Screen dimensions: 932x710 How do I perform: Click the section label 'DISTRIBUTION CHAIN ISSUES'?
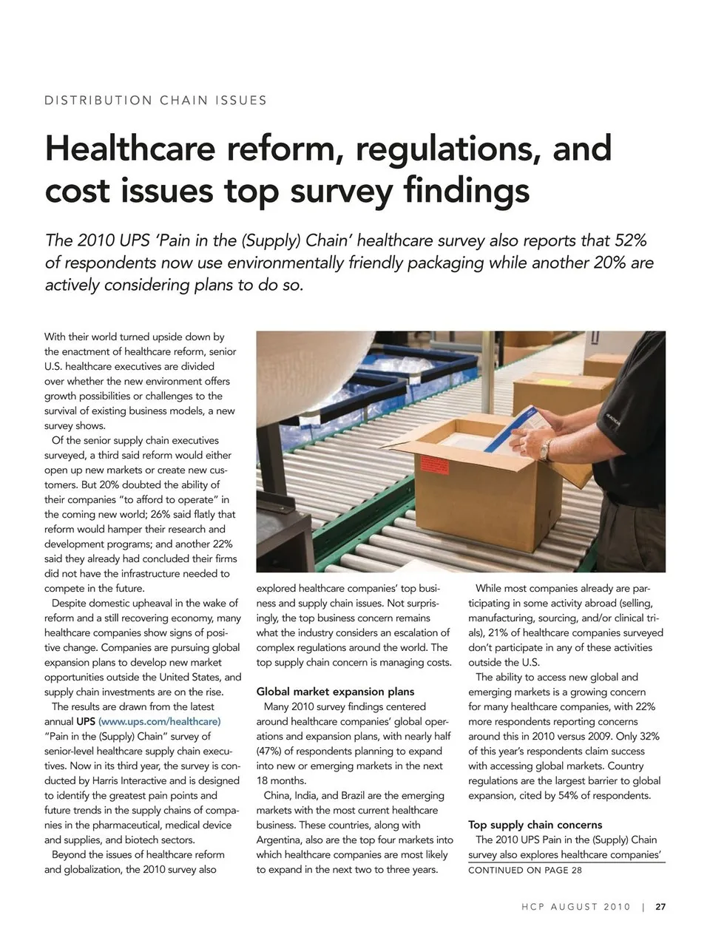pyautogui.click(x=155, y=101)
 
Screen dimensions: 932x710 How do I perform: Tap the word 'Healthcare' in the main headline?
pyautogui.click(x=130, y=148)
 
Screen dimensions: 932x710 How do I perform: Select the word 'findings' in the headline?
pyautogui.click(x=467, y=190)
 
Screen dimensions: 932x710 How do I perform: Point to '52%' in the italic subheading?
pyautogui.click(x=630, y=240)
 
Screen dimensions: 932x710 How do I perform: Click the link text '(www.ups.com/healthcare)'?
pyautogui.click(x=159, y=721)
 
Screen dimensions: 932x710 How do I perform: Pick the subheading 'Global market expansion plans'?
pyautogui.click(x=335, y=692)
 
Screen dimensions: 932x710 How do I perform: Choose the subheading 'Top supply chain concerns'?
pyautogui.click(x=535, y=825)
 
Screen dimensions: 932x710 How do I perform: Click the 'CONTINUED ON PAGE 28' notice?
pyautogui.click(x=525, y=870)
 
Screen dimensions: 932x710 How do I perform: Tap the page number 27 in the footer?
pyautogui.click(x=660, y=907)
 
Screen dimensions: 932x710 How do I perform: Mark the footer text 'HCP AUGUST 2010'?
pyautogui.click(x=576, y=907)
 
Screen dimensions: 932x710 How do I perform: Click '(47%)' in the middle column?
pyautogui.click(x=274, y=751)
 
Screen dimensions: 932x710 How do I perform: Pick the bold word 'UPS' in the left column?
pyautogui.click(x=86, y=721)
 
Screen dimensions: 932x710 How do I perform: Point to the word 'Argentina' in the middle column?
pyautogui.click(x=280, y=840)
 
